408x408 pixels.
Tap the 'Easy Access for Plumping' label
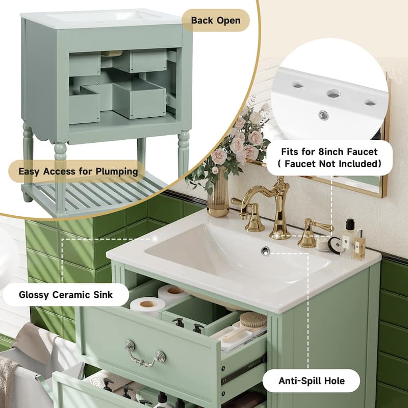point(78,171)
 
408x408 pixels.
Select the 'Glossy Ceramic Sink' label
point(66,294)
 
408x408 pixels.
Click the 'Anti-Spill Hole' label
point(312,380)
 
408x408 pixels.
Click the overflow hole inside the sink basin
point(265,250)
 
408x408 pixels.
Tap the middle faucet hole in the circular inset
point(333,93)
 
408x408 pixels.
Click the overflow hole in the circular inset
point(323,116)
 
